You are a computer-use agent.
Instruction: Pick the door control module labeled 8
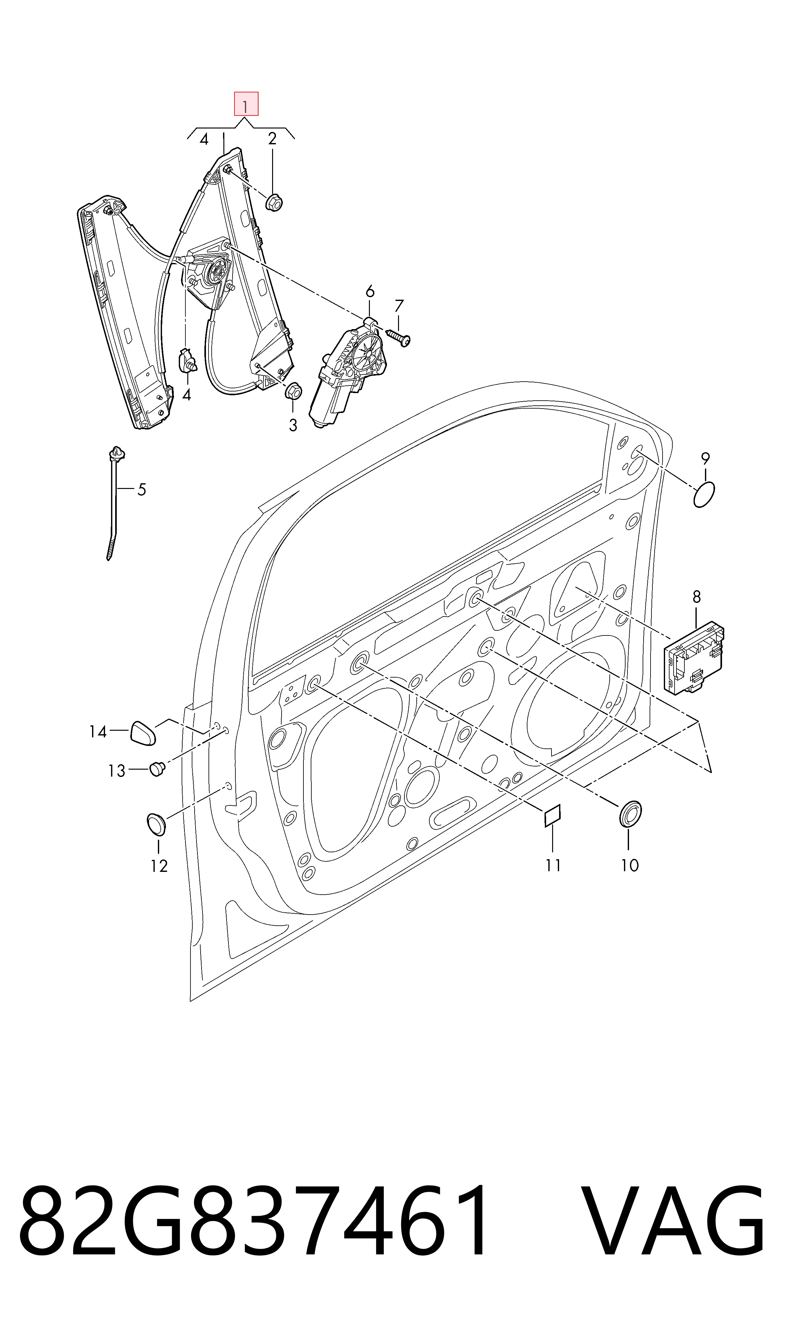[x=694, y=658]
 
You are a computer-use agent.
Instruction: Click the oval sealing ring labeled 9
[x=704, y=495]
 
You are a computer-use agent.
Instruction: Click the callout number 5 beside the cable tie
[x=141, y=490]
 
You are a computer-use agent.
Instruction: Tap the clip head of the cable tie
[x=117, y=454]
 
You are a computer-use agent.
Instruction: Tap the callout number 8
[x=697, y=597]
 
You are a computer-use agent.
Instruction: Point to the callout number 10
[x=629, y=866]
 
